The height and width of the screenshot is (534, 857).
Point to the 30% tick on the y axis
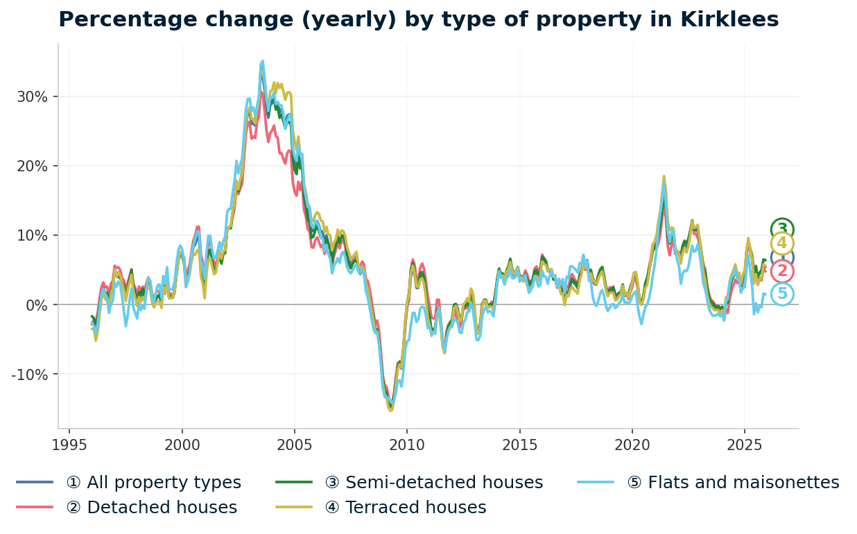[x=32, y=96]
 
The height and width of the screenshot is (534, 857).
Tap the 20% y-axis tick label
[x=32, y=166]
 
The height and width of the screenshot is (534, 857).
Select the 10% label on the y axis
[x=32, y=235]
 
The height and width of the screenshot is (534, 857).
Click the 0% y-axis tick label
[x=36, y=304]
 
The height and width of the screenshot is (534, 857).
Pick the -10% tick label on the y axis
[x=29, y=374]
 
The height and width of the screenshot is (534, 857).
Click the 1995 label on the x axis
[x=69, y=445]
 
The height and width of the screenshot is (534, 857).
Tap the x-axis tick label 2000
[x=182, y=445]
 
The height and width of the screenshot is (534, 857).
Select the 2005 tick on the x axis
[x=294, y=445]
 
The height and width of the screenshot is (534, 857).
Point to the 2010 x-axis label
[x=407, y=445]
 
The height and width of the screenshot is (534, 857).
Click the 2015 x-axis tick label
[x=519, y=445]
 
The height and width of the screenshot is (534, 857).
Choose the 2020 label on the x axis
[x=632, y=445]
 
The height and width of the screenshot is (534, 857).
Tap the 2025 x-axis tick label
[x=744, y=445]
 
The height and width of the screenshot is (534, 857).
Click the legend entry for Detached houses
[x=151, y=508]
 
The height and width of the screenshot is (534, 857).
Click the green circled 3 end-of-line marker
[x=782, y=229]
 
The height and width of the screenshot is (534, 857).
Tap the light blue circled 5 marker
[x=782, y=294]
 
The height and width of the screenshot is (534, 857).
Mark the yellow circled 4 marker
[x=782, y=243]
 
